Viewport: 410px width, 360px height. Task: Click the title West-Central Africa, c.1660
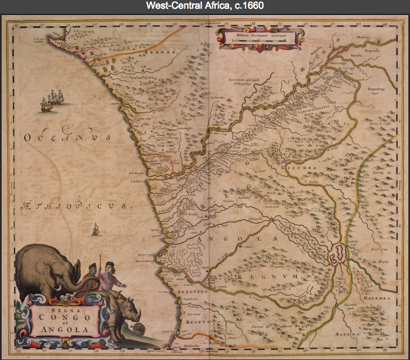(204, 6)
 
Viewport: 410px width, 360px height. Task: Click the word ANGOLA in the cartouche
(61, 330)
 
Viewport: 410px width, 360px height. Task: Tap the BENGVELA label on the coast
(194, 292)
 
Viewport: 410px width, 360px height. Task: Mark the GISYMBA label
(303, 167)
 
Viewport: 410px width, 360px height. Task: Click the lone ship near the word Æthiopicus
(95, 229)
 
